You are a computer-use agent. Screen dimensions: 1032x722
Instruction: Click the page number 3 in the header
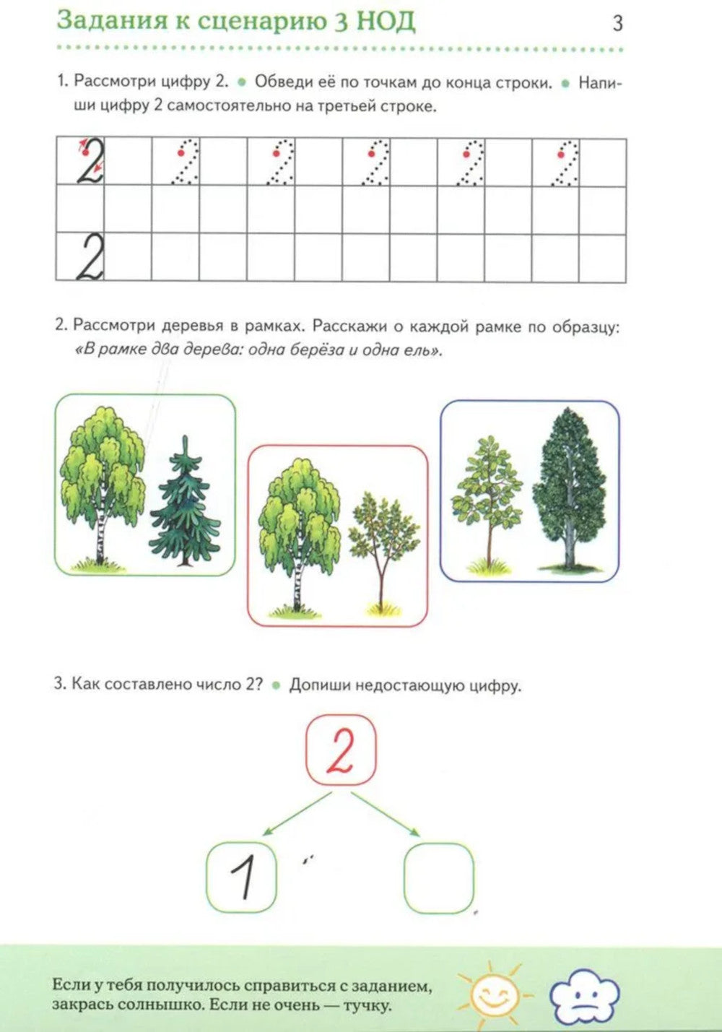(617, 23)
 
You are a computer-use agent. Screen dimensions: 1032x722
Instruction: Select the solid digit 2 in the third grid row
(90, 257)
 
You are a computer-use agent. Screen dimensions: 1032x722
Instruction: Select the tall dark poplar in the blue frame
(569, 487)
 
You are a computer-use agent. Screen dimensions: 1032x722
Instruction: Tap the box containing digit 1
(242, 877)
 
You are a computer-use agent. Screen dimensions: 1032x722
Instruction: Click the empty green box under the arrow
(439, 877)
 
